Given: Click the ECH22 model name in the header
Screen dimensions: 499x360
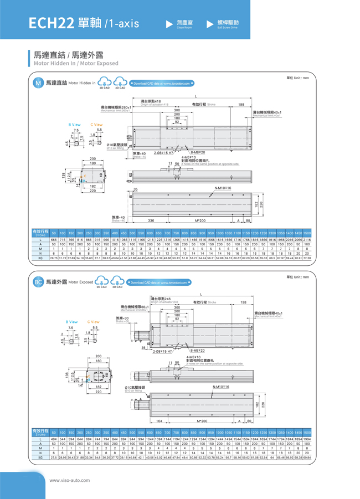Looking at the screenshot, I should coord(51,23).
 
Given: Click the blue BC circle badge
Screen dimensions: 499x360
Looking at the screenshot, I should coord(38,282).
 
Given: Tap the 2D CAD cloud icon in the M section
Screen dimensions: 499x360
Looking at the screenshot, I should coord(105,83).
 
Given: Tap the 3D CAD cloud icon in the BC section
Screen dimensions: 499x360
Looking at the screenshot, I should coord(117,282).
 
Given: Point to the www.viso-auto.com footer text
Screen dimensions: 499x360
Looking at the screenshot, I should coord(70,480).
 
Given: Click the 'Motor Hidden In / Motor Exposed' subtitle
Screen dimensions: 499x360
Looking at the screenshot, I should coord(76,64).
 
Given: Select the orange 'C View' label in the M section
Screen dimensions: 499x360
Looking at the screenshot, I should coord(96,125).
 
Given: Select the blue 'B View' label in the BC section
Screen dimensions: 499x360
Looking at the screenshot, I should coord(72,321).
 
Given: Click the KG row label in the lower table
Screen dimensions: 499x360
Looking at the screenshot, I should coord(40,457).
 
